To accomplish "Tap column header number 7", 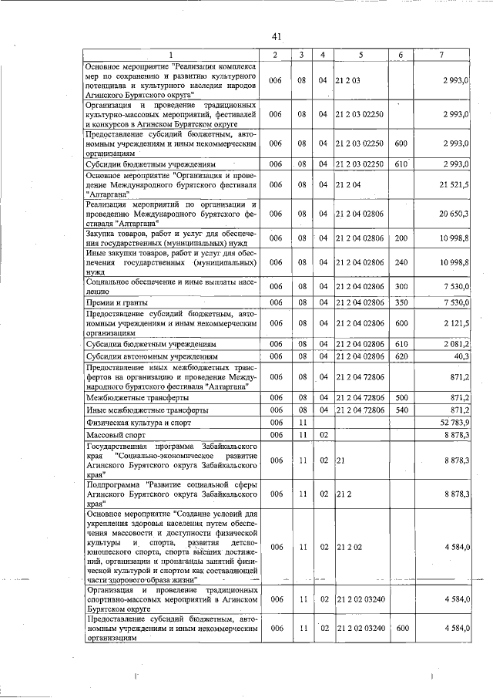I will click(441, 54).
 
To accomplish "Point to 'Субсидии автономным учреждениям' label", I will click(153, 357).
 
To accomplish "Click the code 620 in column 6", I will click(401, 357).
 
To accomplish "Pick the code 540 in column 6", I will click(401, 410).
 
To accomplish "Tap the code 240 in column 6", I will click(401, 263).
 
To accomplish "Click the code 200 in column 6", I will click(401, 239).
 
